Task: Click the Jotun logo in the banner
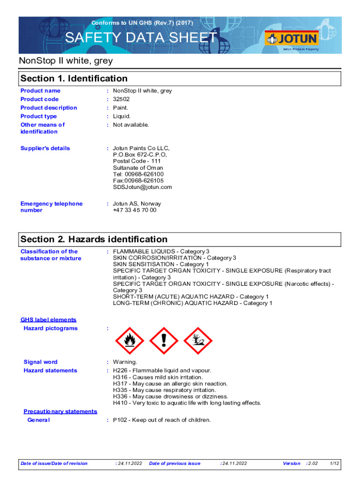pos(291,38)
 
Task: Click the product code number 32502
pos(122,99)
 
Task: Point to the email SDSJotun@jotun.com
pos(143,187)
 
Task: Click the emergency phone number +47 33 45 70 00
pos(135,210)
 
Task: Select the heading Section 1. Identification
pos(74,79)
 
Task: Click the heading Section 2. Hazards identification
pos(94,239)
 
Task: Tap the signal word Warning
pos(125,362)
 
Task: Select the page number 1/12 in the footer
pos(334,464)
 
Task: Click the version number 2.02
pos(312,464)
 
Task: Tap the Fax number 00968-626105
pos(144,181)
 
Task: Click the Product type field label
pos(39,116)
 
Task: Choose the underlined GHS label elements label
pos(48,320)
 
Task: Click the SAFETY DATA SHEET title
pos(141,38)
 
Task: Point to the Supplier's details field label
pos(45,148)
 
